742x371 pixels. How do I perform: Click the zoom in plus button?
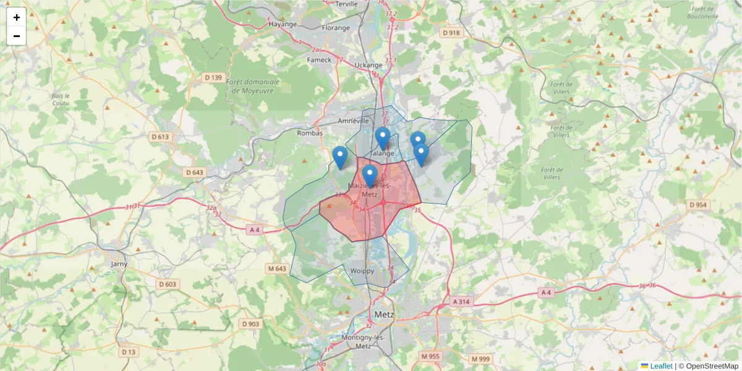click(17, 17)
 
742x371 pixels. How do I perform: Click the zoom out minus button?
click(17, 36)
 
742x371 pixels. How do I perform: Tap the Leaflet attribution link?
click(660, 366)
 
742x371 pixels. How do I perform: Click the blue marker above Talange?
click(383, 138)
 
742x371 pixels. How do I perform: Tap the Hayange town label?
click(283, 24)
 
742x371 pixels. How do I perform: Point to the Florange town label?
click(336, 28)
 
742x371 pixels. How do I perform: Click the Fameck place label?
click(320, 60)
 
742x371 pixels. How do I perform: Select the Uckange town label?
click(369, 65)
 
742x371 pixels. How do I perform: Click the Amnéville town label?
click(354, 121)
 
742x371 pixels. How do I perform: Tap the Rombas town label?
click(310, 133)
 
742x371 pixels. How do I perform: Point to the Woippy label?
click(362, 271)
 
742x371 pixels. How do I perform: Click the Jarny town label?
click(118, 264)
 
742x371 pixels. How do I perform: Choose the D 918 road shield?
click(452, 32)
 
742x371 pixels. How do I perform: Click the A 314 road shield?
click(461, 302)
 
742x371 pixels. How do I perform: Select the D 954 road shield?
click(698, 205)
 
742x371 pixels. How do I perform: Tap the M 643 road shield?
click(277, 268)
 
